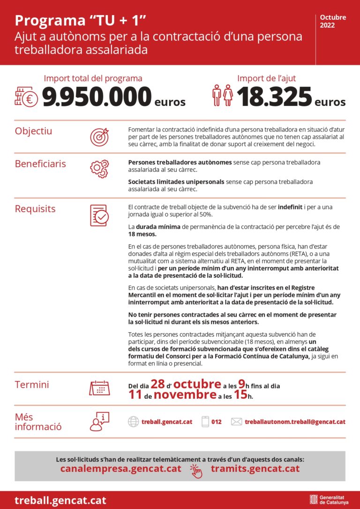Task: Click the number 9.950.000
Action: pyautogui.click(x=97, y=97)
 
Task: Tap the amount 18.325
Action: pyautogui.click(x=274, y=97)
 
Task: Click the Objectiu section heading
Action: pyautogui.click(x=34, y=130)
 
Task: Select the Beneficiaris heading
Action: pyautogui.click(x=40, y=164)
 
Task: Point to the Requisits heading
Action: pyautogui.click(x=35, y=209)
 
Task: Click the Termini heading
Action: pyautogui.click(x=32, y=385)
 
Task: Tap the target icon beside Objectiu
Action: pyautogui.click(x=99, y=137)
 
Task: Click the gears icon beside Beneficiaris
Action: pyautogui.click(x=99, y=167)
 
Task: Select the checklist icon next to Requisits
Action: pyautogui.click(x=99, y=215)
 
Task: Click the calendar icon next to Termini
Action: pyautogui.click(x=99, y=388)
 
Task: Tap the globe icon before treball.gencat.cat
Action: pyautogui.click(x=133, y=422)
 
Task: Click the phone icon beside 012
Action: pyautogui.click(x=205, y=422)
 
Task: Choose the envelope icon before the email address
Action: pyautogui.click(x=237, y=422)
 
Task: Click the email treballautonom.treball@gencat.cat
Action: pyautogui.click(x=295, y=422)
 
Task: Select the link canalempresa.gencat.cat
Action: pyautogui.click(x=121, y=468)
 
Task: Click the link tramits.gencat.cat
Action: pyautogui.click(x=255, y=468)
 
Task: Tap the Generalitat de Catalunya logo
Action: pyautogui.click(x=328, y=500)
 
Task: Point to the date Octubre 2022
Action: pyautogui.click(x=333, y=21)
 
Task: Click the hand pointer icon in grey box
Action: pyautogui.click(x=195, y=471)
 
